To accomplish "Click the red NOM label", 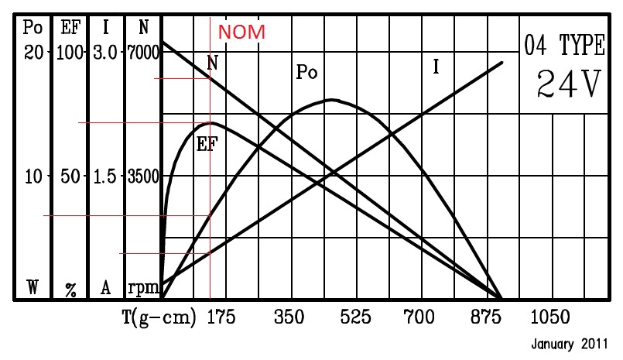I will tap(241, 33).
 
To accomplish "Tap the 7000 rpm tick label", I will tap(143, 53).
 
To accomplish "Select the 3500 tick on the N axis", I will tap(143, 176).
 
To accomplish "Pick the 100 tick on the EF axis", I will tap(69, 53).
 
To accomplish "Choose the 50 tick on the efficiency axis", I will tap(70, 176).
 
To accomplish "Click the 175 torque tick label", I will tap(221, 317).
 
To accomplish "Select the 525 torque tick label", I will tap(355, 317).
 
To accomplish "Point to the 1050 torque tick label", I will tap(550, 317).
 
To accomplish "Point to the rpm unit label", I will tap(143, 288).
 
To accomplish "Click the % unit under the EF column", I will tap(70, 290).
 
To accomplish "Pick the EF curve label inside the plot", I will tap(206, 143).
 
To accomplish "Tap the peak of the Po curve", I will tap(332, 99).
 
